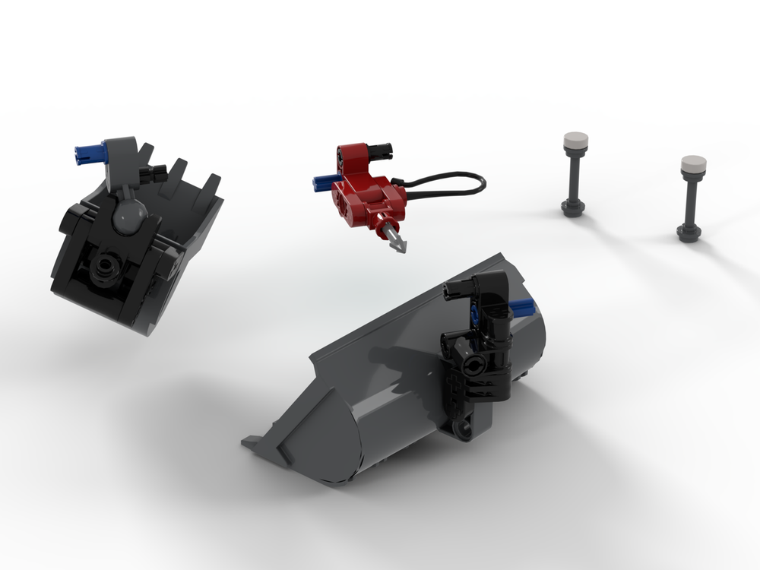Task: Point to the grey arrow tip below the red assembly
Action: pyautogui.click(x=398, y=242)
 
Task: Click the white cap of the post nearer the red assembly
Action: pyautogui.click(x=575, y=140)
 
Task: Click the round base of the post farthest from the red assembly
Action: pyautogui.click(x=692, y=229)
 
